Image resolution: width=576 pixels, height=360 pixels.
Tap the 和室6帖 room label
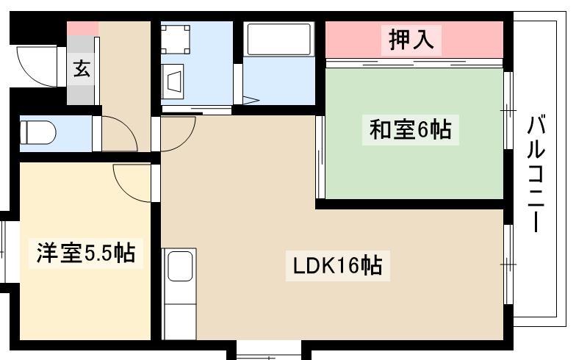coord(410,130)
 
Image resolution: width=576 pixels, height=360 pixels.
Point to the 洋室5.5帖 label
coord(85,253)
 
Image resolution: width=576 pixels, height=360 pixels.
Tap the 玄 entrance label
coord(82,70)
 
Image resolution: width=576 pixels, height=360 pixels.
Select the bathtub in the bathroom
coord(279,38)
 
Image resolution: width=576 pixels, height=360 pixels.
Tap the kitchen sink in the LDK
coord(179,265)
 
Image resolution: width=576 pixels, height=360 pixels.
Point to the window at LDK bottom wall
coord(269,350)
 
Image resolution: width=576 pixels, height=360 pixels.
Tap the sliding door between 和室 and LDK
coord(320,156)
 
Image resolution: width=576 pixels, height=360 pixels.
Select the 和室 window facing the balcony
coord(507,109)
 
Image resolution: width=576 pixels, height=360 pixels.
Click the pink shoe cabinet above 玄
coord(82,29)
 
